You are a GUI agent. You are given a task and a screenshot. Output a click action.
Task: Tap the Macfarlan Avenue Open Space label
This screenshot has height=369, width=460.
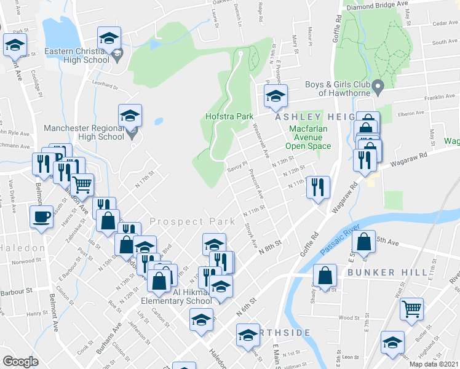[x=307, y=138]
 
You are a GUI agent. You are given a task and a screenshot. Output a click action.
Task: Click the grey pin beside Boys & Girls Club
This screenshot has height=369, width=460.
[x=379, y=85]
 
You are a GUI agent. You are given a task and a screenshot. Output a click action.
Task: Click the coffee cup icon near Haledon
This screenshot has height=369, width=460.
[x=41, y=218]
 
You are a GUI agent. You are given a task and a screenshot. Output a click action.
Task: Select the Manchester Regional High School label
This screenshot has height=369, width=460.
[x=84, y=133]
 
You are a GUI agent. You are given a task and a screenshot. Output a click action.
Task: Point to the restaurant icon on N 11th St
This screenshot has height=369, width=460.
[x=318, y=187]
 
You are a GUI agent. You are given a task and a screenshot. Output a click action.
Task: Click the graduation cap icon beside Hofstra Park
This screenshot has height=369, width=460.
[x=276, y=96]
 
